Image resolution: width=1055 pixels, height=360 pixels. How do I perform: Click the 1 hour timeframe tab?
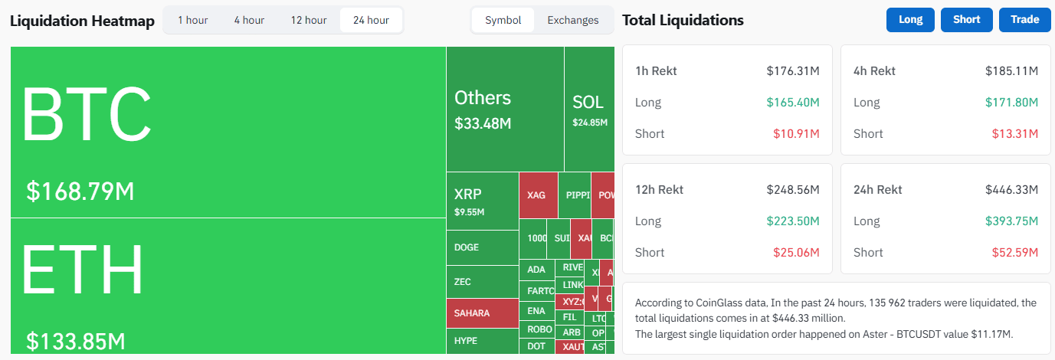(192, 20)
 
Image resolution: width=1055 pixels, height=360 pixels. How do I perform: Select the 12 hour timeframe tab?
(308, 20)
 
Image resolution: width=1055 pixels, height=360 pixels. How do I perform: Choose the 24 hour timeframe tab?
(371, 20)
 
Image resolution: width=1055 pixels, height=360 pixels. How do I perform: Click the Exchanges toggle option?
(572, 20)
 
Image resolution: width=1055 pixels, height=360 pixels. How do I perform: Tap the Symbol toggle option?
(503, 20)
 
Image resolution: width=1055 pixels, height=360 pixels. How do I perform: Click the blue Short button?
(966, 20)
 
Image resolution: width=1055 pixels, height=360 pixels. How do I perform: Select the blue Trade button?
(1024, 20)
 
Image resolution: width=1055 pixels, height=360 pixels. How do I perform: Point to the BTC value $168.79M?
(80, 191)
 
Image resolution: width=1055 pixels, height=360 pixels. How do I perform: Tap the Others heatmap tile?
(505, 109)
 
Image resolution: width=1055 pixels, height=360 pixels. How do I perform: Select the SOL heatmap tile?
(589, 109)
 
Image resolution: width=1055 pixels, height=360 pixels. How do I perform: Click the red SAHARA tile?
(483, 313)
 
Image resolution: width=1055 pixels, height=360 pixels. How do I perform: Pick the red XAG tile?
(538, 195)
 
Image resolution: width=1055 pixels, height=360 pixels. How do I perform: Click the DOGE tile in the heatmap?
(483, 247)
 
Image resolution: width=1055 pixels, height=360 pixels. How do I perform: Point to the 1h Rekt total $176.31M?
(793, 71)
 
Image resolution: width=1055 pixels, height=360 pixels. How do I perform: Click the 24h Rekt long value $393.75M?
(1011, 221)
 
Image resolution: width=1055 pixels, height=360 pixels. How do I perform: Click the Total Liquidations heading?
(683, 20)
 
